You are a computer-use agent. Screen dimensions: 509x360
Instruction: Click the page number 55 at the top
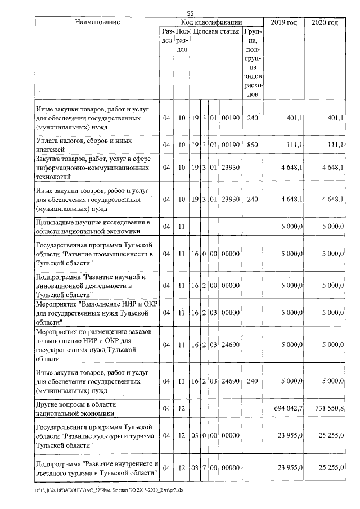click(190, 13)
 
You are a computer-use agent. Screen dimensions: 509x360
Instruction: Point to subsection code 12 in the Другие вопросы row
click(181, 408)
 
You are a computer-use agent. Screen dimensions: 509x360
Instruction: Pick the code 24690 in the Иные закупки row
click(230, 381)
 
